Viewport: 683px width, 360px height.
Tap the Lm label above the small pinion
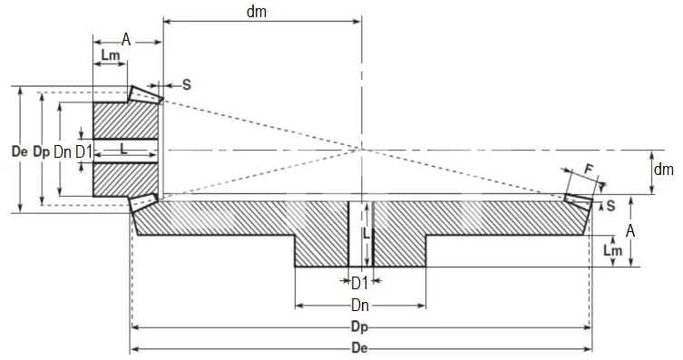[x=109, y=56]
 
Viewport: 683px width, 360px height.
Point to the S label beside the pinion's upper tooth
[x=187, y=84]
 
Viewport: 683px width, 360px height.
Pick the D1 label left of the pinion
[x=83, y=151]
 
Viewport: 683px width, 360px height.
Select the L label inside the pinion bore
[x=124, y=147]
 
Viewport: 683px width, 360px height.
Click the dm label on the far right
[x=664, y=169]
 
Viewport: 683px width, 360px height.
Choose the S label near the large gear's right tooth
[x=610, y=206]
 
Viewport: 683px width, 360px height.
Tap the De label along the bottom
[x=360, y=348]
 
